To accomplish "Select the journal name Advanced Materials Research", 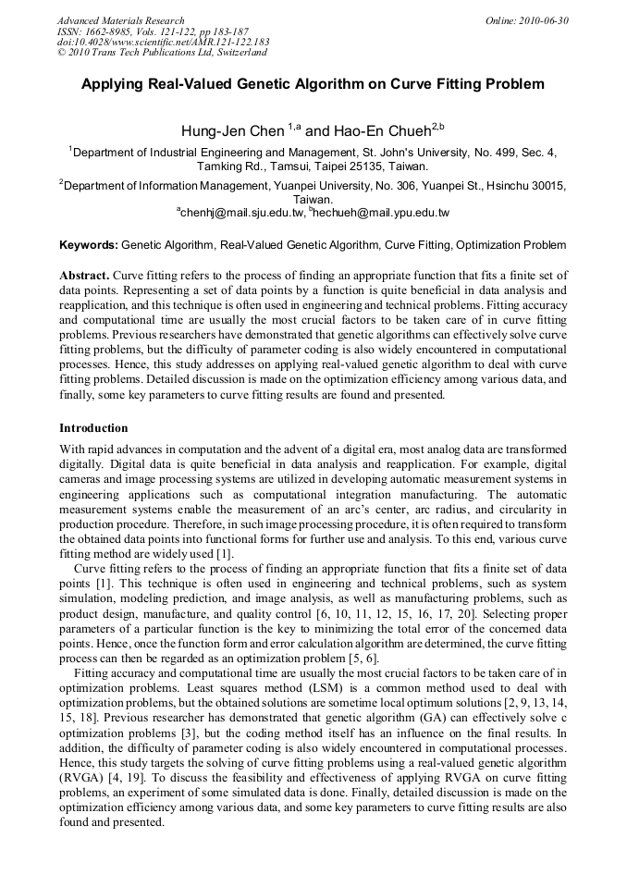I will click(120, 20).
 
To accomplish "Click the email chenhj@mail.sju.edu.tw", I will click(242, 213).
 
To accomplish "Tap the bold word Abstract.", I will click(85, 276).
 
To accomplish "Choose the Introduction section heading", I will click(93, 428).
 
